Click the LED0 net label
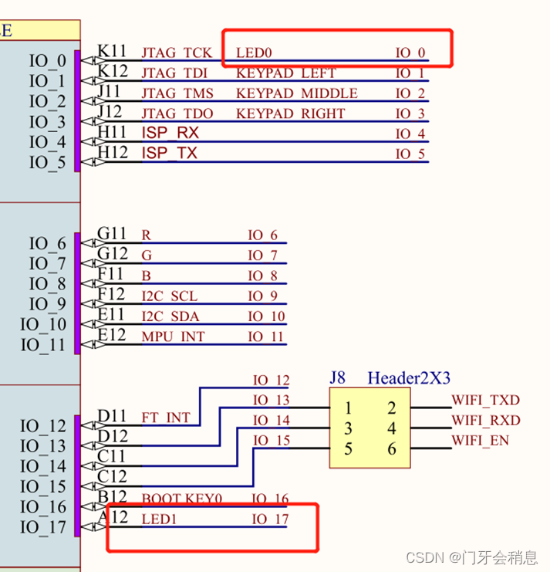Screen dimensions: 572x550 pyautogui.click(x=254, y=53)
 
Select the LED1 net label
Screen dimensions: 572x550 pyautogui.click(x=159, y=520)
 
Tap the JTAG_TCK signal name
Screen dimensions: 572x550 pyautogui.click(x=176, y=53)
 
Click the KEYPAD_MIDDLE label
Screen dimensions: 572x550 pyautogui.click(x=296, y=93)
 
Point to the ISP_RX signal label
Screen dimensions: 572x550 pyautogui.click(x=169, y=134)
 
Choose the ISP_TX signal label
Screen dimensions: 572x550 pyautogui.click(x=169, y=154)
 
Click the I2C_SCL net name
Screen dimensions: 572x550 pyautogui.click(x=169, y=296)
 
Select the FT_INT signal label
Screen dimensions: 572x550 pyautogui.click(x=165, y=418)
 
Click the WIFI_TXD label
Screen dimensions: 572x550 pyautogui.click(x=485, y=401)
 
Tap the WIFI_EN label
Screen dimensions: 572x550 pyautogui.click(x=481, y=441)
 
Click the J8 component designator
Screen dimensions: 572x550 pyautogui.click(x=337, y=378)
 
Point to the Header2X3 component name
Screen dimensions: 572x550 pyautogui.click(x=408, y=378)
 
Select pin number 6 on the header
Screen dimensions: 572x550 pyautogui.click(x=391, y=448)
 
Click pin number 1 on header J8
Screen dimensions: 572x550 pyautogui.click(x=349, y=408)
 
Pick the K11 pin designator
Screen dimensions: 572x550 pyautogui.click(x=112, y=52)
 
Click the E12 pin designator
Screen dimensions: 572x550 pyautogui.click(x=112, y=334)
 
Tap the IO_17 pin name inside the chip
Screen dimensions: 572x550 pyautogui.click(x=43, y=527)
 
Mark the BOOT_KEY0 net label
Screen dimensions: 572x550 pyautogui.click(x=181, y=499)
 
